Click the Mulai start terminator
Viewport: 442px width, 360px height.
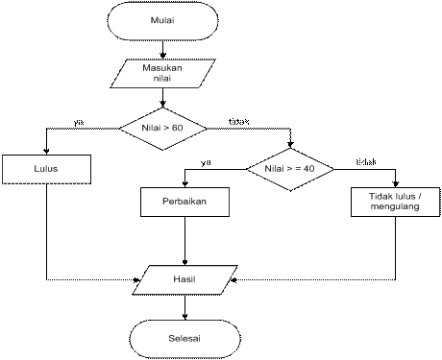point(162,20)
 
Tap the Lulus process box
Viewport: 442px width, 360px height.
point(46,169)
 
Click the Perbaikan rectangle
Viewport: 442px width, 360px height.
point(185,202)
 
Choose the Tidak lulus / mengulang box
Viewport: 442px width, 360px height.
point(395,201)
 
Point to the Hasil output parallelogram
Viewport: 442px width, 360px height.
point(184,279)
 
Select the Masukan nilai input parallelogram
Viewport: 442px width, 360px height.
point(162,74)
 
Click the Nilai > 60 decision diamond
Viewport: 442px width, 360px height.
point(162,127)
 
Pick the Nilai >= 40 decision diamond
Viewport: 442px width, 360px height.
point(290,169)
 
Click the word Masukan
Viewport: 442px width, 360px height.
point(162,68)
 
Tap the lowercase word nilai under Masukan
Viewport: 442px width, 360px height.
point(162,80)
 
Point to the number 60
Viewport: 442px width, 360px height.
point(177,127)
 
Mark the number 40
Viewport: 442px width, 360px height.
point(309,169)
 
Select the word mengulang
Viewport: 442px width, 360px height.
point(395,206)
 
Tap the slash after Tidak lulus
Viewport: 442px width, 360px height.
point(420,196)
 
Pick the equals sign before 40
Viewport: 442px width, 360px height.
point(298,169)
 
